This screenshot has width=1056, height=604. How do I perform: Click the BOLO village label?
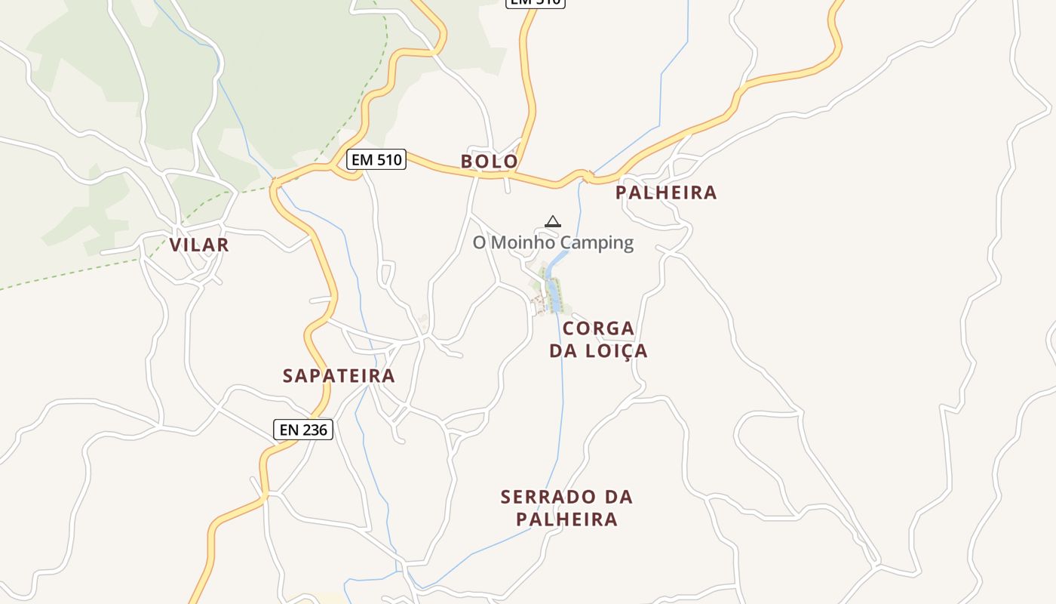pos(489,162)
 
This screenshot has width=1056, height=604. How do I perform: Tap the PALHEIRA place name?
pos(665,193)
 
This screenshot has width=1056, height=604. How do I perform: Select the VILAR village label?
pos(198,245)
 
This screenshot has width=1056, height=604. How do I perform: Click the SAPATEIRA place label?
pos(339,376)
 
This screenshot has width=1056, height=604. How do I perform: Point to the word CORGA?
pos(598,329)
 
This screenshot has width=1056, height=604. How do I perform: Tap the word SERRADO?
pos(548,497)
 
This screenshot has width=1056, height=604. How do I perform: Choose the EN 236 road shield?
pos(302,430)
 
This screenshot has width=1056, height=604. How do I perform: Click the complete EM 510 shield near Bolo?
pos(376,159)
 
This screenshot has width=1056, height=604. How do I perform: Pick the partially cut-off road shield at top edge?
pos(535,2)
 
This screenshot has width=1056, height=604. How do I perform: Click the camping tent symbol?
pos(553,221)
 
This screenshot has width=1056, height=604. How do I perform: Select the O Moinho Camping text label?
pos(553,242)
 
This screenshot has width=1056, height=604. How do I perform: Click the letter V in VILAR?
pos(176,245)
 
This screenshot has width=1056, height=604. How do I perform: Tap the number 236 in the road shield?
pos(314,430)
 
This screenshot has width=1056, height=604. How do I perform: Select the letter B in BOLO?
pos(467,162)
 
